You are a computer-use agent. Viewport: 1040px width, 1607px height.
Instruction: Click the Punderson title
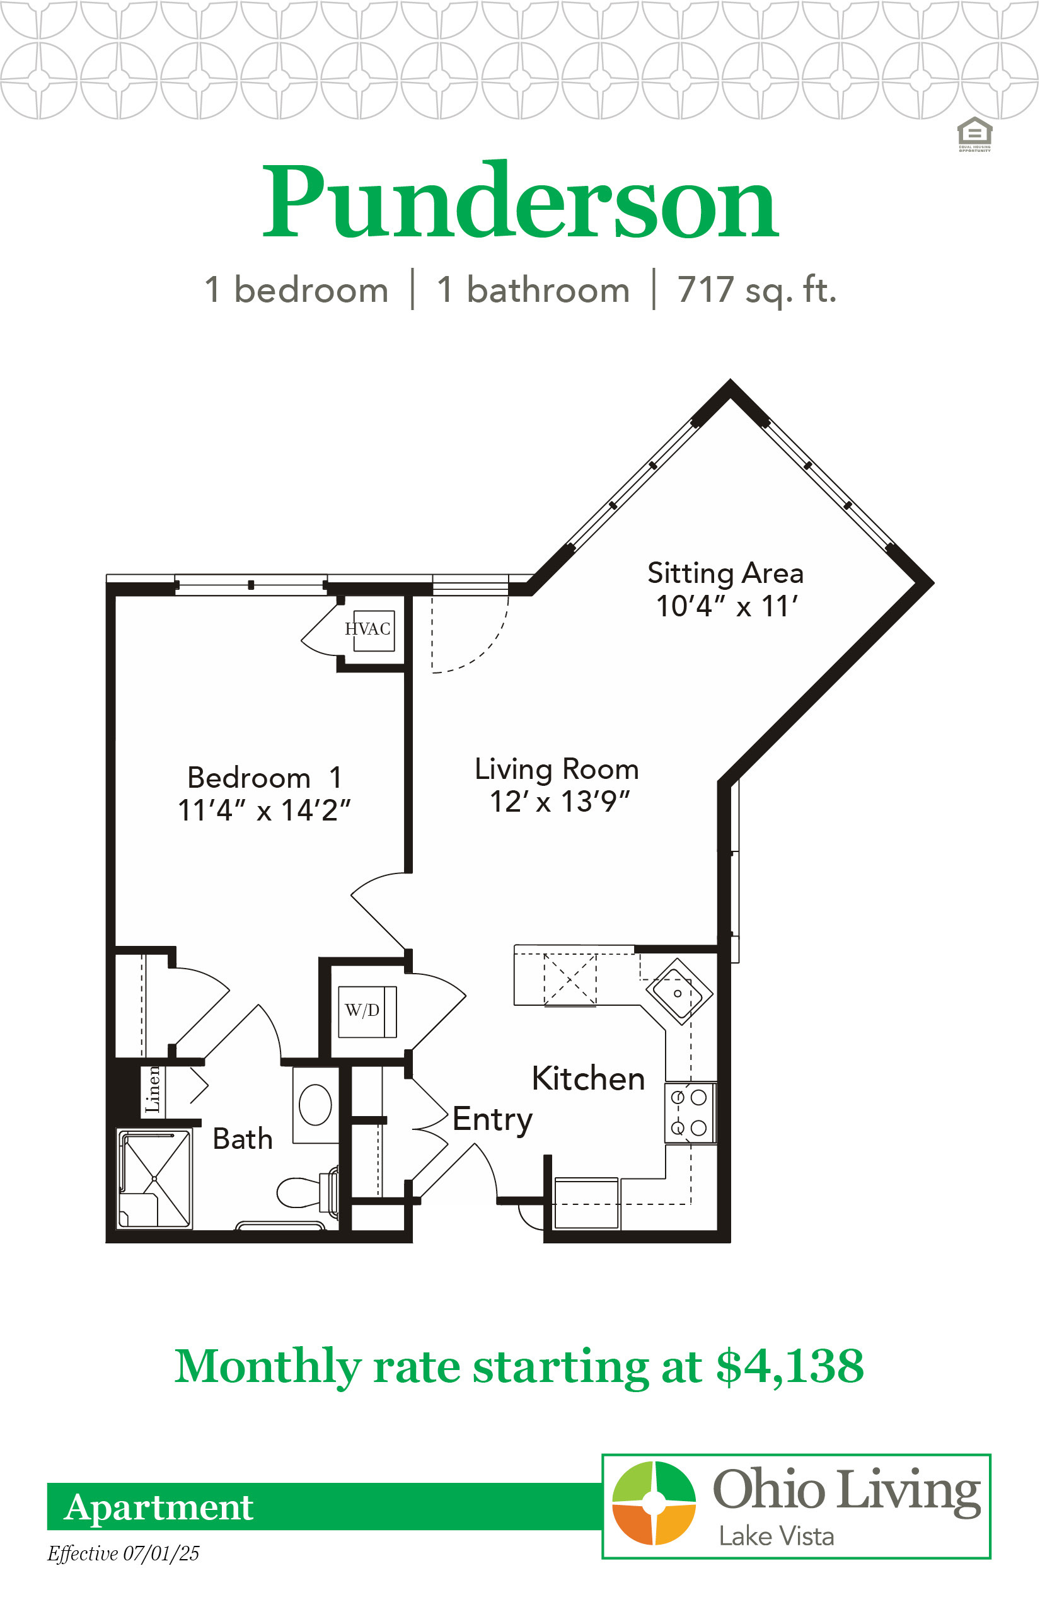[520, 200]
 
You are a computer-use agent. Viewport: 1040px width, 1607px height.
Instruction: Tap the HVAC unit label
[367, 629]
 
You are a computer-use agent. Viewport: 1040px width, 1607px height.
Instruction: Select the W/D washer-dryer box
[367, 1011]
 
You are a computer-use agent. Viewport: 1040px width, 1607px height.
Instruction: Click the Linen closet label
[153, 1089]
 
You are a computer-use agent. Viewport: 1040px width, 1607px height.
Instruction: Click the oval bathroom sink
[315, 1105]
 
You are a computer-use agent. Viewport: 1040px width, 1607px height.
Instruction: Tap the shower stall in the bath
[154, 1179]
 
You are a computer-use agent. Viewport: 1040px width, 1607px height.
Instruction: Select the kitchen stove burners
[690, 1113]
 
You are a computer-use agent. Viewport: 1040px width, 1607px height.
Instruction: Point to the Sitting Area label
[726, 573]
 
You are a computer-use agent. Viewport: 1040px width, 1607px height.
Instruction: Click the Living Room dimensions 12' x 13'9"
[559, 802]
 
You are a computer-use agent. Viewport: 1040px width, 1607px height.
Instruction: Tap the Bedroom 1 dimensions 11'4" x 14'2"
[264, 810]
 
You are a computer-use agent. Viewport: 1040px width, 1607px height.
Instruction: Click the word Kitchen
[588, 1078]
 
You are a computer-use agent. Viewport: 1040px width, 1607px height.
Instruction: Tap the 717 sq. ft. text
[757, 291]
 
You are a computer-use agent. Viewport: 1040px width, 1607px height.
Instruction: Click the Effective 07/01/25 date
[124, 1553]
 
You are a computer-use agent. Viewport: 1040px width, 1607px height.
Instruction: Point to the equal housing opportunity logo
[974, 134]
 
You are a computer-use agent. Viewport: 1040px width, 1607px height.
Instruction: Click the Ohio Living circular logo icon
[654, 1503]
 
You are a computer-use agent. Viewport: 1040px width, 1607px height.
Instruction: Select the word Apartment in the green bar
[159, 1507]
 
